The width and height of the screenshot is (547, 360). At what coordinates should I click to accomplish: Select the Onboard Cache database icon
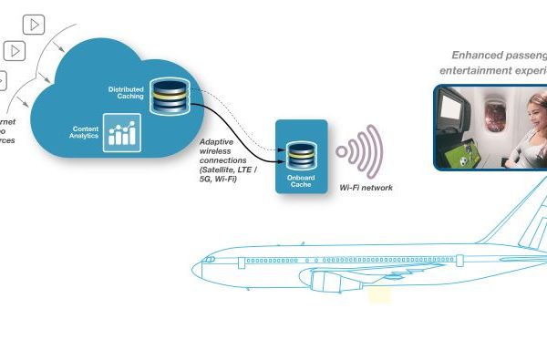pyautogui.click(x=300, y=152)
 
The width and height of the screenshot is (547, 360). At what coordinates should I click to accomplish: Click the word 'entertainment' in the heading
pyautogui.click(x=471, y=71)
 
